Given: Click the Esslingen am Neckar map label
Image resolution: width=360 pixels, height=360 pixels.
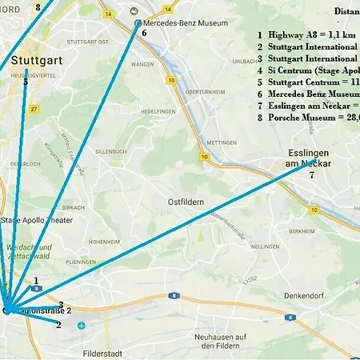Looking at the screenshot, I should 308,158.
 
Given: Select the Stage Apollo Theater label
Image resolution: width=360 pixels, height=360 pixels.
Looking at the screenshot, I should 38,220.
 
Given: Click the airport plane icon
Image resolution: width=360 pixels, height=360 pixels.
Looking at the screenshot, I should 81,326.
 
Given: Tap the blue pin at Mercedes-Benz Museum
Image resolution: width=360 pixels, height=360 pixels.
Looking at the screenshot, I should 138,23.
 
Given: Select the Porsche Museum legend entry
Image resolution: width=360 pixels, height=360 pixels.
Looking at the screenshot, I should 308,118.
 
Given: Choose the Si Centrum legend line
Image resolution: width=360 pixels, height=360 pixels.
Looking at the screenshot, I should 308,70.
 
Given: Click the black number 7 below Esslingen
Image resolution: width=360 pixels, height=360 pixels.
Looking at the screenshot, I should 312,175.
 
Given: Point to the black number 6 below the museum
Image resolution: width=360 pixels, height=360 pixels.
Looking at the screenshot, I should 144,34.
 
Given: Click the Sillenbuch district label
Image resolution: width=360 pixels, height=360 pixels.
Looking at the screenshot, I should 111,150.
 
